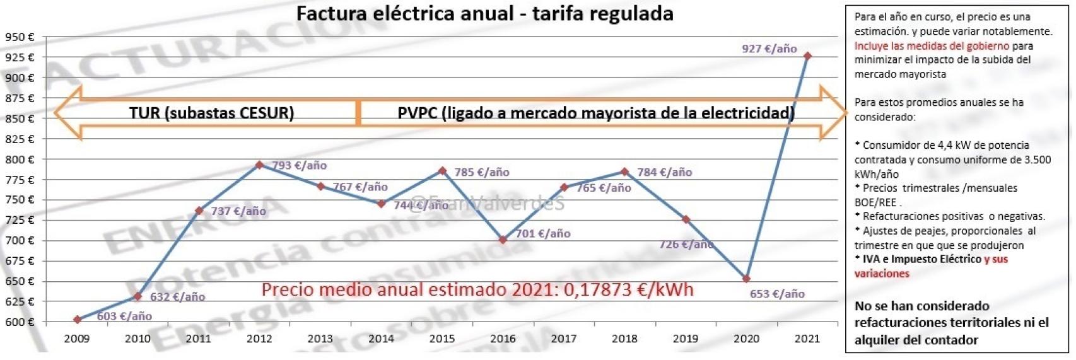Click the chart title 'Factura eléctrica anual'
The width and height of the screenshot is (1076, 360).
pyautogui.click(x=484, y=14)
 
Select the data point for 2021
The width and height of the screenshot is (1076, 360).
pyautogui.click(x=807, y=56)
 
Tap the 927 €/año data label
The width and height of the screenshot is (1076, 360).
pyautogui.click(x=769, y=49)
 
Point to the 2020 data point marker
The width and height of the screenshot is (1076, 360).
pyautogui.click(x=747, y=279)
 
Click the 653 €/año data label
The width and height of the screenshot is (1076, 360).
pyautogui.click(x=777, y=294)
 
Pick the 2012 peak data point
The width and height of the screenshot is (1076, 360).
pyautogui.click(x=259, y=165)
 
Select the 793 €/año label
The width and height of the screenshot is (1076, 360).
pyautogui.click(x=300, y=166)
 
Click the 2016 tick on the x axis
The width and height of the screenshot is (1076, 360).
pyautogui.click(x=503, y=339)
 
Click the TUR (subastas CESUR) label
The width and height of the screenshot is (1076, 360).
pyautogui.click(x=211, y=113)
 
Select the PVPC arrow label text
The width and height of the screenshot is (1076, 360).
pyautogui.click(x=595, y=113)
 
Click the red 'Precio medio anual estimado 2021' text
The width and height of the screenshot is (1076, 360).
pyautogui.click(x=477, y=289)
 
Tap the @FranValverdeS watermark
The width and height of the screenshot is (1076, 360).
pyautogui.click(x=486, y=203)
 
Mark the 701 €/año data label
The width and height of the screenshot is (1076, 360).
pyautogui.click(x=543, y=234)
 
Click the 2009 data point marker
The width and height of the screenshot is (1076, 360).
pyautogui.click(x=78, y=320)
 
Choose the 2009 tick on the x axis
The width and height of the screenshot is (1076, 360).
pyautogui.click(x=77, y=339)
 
